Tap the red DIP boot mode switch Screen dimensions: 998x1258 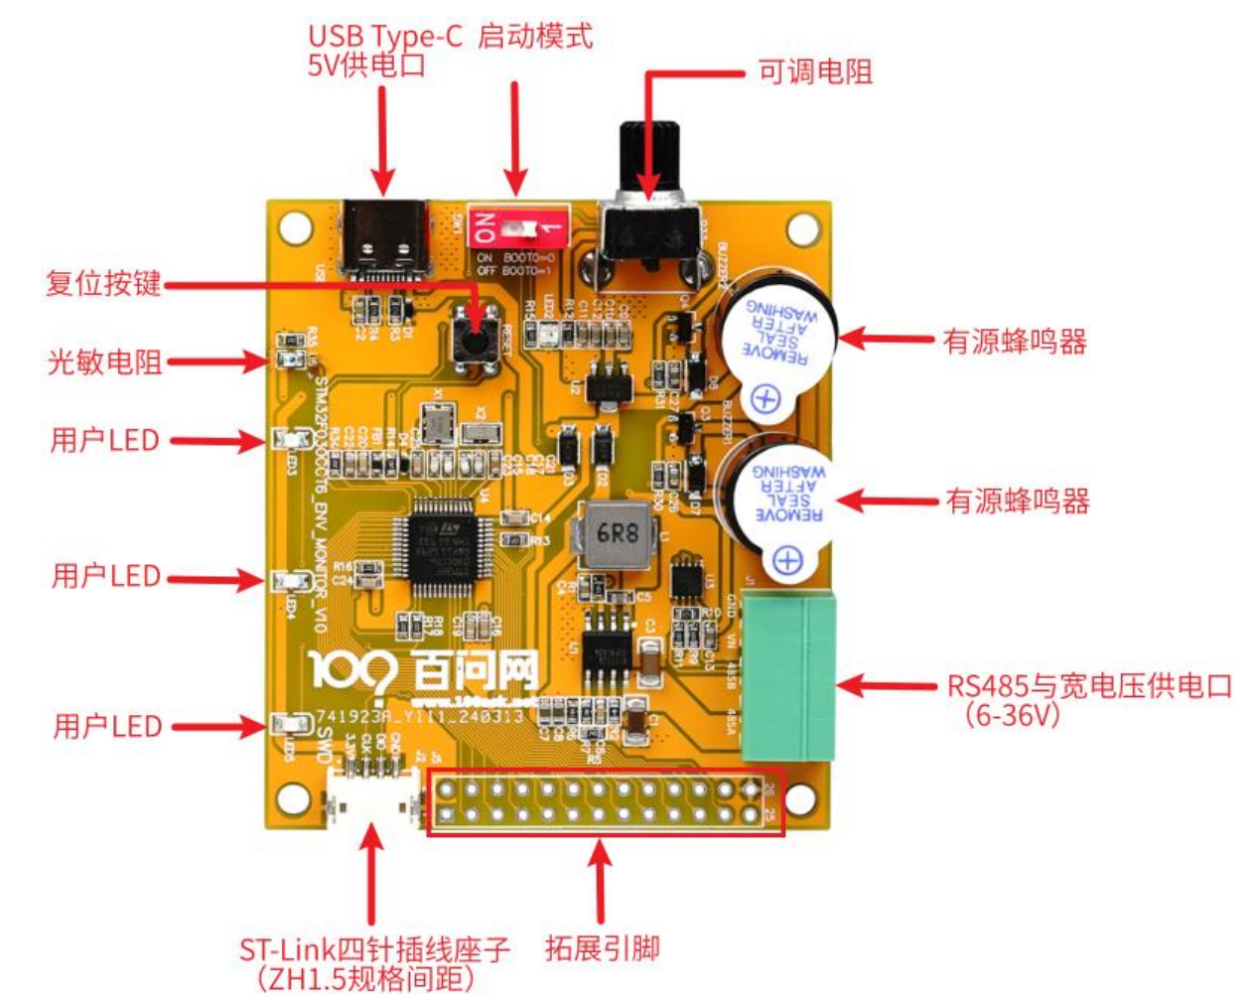tap(516, 229)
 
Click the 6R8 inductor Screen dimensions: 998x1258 tap(617, 534)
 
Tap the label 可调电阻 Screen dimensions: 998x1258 tap(814, 71)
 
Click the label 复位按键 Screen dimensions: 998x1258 tap(103, 283)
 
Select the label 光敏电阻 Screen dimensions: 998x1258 tap(104, 361)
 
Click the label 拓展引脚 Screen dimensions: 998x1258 tap(602, 947)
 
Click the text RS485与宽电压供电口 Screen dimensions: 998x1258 tap(1088, 685)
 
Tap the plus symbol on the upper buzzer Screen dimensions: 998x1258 tap(765, 398)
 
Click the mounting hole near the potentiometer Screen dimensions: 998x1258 tap(803, 227)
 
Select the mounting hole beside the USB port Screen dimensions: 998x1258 tap(295, 227)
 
